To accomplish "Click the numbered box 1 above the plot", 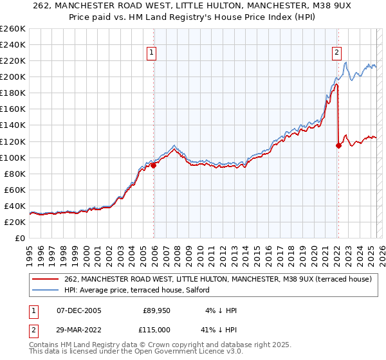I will click(x=151, y=53).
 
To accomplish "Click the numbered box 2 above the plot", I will click(x=336, y=53).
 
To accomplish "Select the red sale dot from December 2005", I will click(x=153, y=165).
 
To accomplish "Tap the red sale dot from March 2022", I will click(x=338, y=145).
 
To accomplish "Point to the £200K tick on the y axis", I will click(x=13, y=76).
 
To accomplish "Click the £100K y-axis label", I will click(x=13, y=157).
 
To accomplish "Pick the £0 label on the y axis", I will click(x=21, y=238).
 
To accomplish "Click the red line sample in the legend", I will click(x=46, y=279).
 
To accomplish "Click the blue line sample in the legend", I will click(x=46, y=290).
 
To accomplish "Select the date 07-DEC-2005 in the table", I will click(x=79, y=310).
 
